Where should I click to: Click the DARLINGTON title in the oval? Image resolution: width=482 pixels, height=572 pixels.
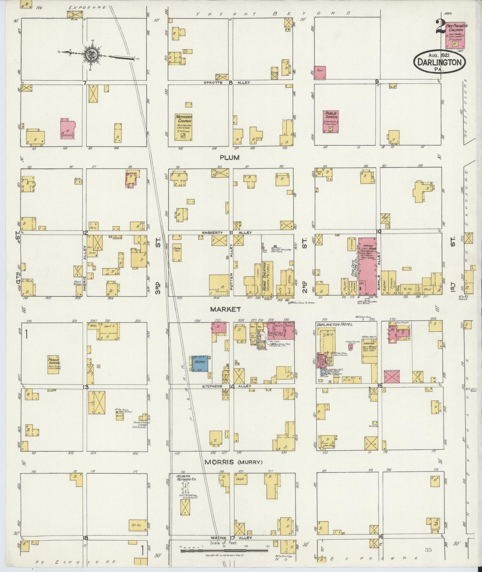click(x=439, y=62)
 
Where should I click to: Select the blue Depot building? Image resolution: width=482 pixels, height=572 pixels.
click(x=200, y=363)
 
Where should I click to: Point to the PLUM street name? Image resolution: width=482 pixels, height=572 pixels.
click(x=229, y=157)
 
